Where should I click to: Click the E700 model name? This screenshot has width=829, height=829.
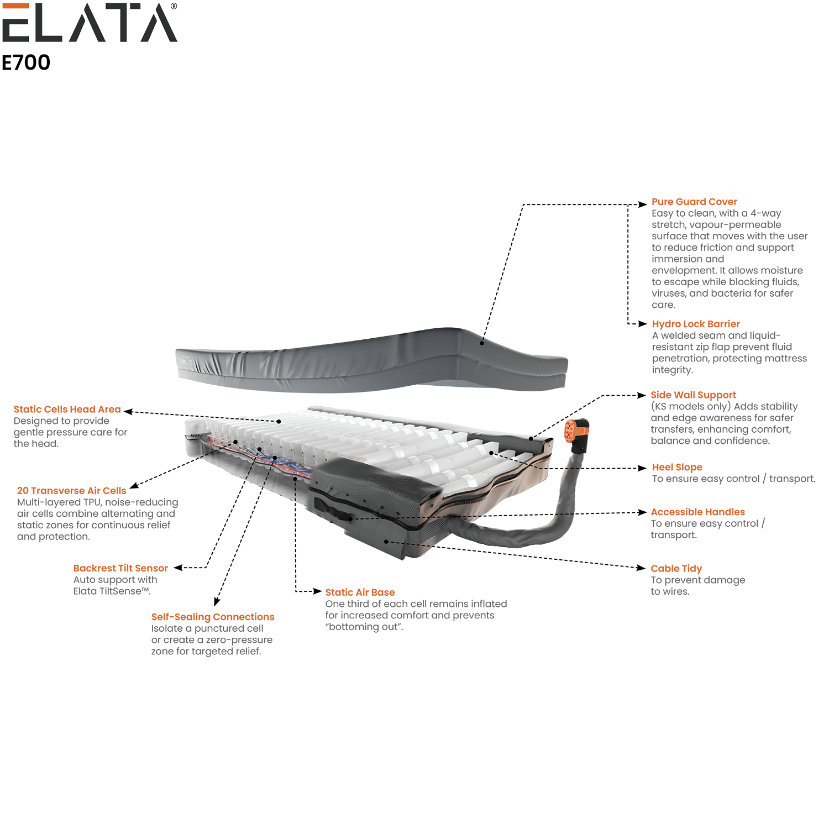tap(26, 62)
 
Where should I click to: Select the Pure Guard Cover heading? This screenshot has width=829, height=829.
tap(694, 202)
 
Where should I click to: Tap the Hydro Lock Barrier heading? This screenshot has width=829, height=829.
tap(696, 324)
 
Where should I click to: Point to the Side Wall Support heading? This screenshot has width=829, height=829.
tap(693, 395)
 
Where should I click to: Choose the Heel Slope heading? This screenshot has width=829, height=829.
tap(677, 468)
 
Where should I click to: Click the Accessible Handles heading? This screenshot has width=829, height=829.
tap(697, 512)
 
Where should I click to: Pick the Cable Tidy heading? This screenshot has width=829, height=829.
tap(676, 569)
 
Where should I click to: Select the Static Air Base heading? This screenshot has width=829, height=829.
tap(360, 592)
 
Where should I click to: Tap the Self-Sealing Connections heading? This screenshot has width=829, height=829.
tap(213, 617)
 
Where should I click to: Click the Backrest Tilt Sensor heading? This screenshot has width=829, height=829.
tap(120, 568)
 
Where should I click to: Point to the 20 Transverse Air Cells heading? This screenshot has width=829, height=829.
tap(71, 491)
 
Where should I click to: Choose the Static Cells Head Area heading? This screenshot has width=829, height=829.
tap(67, 410)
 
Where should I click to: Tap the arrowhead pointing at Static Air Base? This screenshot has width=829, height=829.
tap(317, 591)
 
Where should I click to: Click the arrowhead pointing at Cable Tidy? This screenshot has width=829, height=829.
tap(641, 568)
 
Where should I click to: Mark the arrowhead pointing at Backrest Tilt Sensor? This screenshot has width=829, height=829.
tap(179, 568)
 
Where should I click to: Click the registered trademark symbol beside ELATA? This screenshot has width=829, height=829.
tap(174, 6)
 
